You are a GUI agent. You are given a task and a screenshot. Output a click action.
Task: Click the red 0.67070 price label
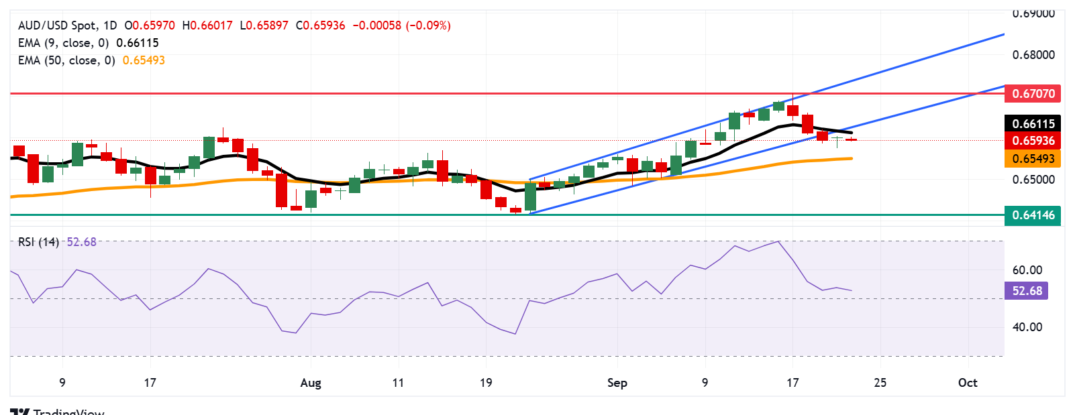point(1033,94)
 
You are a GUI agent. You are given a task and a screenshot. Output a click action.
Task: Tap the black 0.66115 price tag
point(1033,123)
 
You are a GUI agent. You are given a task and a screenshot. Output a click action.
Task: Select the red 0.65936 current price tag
point(1033,141)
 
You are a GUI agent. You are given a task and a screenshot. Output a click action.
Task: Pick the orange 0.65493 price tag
point(1033,159)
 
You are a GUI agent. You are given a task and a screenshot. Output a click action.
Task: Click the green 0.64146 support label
point(1033,215)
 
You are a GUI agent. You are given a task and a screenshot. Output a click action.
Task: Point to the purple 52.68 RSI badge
point(1027,291)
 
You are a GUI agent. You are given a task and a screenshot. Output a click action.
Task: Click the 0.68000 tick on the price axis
point(1033,55)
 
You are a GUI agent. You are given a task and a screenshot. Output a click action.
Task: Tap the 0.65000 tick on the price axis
point(1033,180)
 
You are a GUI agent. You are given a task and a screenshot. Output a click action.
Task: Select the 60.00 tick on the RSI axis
point(1027,270)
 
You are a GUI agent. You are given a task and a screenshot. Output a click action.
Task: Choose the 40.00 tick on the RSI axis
point(1027,327)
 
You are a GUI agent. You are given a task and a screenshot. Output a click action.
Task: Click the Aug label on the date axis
point(311,383)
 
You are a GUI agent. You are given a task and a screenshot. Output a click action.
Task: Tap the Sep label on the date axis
point(617,383)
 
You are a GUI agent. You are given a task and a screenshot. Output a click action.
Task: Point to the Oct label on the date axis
point(967,383)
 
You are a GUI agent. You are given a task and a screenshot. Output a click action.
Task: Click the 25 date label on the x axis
point(880,383)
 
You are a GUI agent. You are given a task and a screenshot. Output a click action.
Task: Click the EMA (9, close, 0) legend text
point(63,43)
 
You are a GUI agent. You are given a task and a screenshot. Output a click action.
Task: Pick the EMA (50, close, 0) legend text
point(66,60)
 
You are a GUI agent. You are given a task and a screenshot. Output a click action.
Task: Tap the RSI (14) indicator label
point(38,242)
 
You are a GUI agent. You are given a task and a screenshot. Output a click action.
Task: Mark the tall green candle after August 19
point(530,196)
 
